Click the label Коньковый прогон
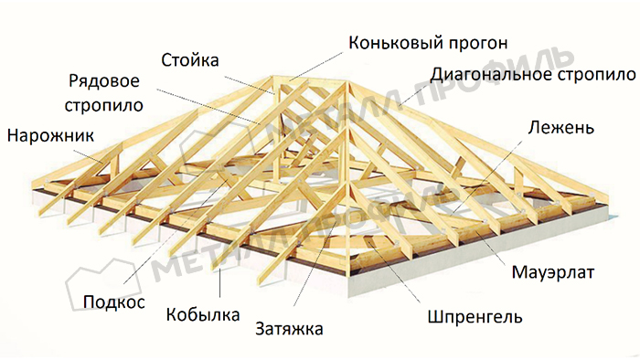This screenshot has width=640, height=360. pos(427,42)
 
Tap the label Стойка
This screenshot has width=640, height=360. pos(190,62)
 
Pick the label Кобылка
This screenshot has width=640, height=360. pos(202,315)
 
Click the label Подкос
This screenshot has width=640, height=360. pos(113,302)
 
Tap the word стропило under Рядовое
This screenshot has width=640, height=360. pos(105,104)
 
